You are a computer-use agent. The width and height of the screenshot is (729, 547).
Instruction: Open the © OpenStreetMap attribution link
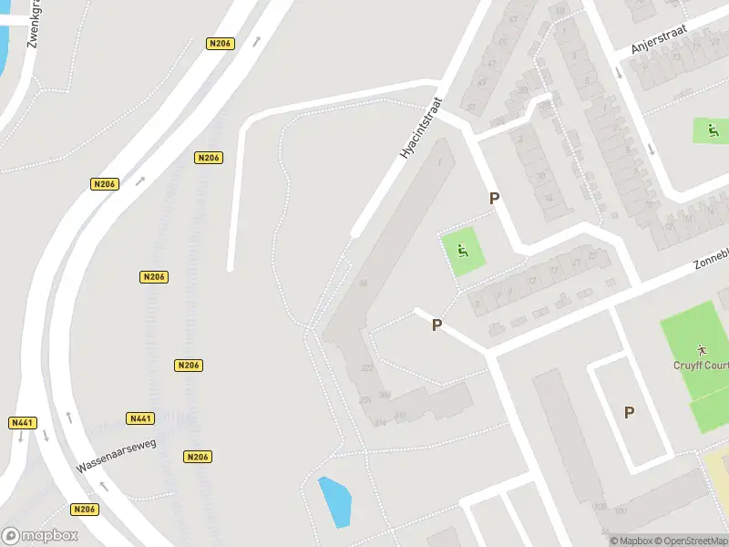(691, 541)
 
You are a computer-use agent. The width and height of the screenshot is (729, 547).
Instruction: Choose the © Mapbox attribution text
(631, 541)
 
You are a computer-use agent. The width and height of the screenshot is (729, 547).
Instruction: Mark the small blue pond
(334, 501)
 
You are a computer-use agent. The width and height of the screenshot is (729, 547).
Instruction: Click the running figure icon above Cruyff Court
(701, 348)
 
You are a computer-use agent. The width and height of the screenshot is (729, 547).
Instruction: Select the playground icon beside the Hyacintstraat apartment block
(463, 252)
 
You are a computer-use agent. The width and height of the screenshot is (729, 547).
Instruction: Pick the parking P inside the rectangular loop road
(629, 412)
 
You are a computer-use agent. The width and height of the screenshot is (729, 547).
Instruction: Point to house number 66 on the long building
(364, 284)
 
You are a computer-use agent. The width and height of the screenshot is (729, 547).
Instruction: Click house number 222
(367, 367)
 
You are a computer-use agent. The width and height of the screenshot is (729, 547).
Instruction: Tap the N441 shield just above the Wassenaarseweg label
(140, 418)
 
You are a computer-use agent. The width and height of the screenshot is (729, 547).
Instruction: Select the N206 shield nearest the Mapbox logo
(84, 510)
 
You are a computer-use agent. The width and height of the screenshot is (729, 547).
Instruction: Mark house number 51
(471, 106)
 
